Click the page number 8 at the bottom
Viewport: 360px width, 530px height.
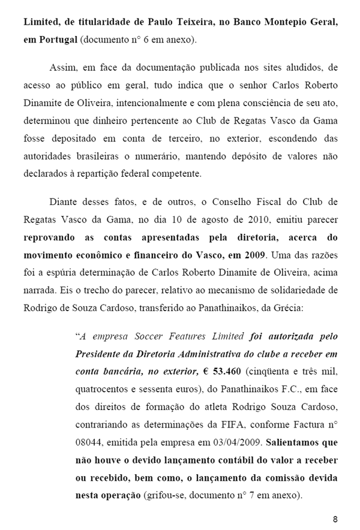335,519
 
